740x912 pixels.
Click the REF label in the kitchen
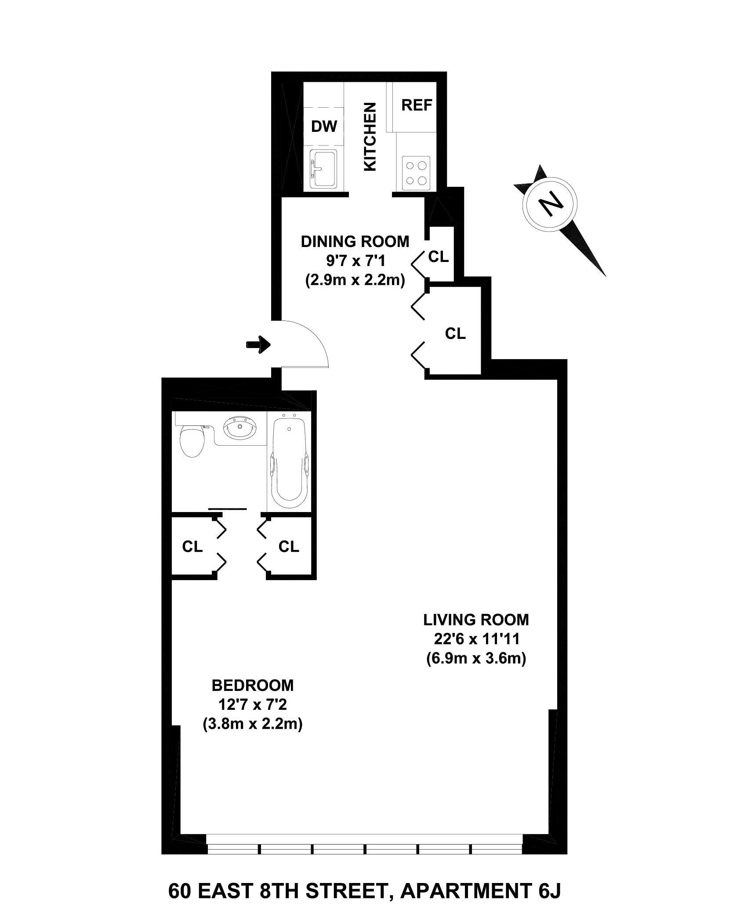pos(417,105)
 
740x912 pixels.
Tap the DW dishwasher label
pos(324,126)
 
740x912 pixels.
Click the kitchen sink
pos(323,169)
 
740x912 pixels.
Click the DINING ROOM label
pos(355,241)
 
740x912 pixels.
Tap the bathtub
pos(288,461)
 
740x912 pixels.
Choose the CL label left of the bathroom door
pos(192,546)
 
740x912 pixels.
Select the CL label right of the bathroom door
pos(289,546)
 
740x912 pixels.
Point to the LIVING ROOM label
pos(476,620)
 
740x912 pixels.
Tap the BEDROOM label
pos(253,685)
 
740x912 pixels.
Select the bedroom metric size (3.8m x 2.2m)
pos(253,724)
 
